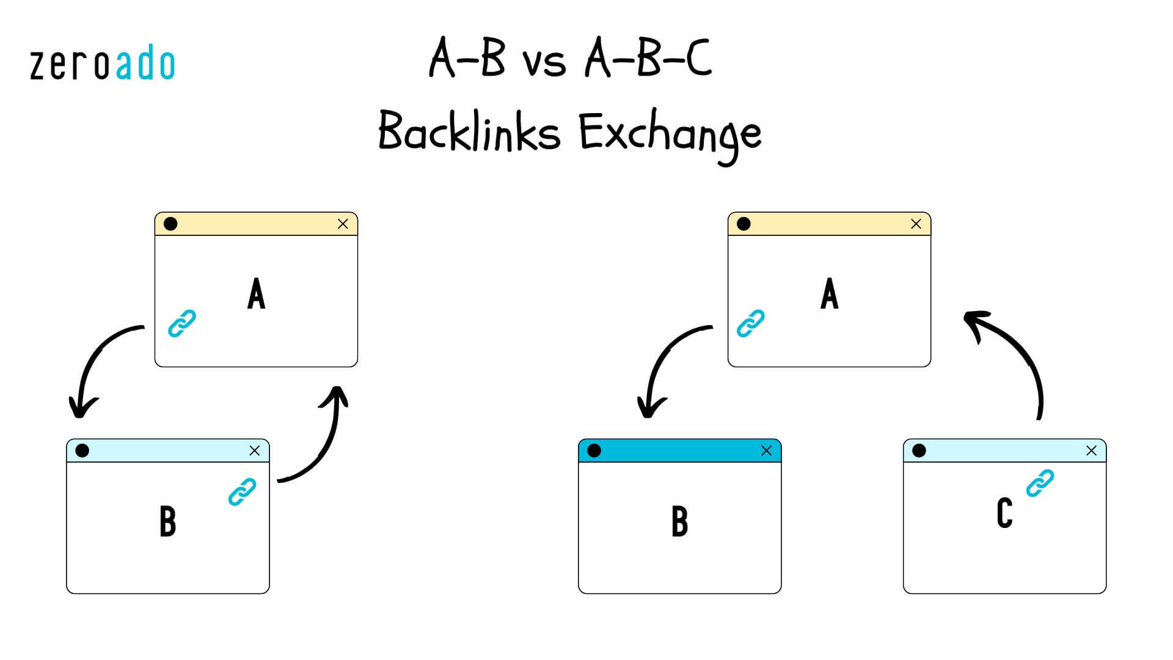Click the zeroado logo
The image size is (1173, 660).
click(102, 65)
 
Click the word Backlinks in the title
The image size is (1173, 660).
click(469, 131)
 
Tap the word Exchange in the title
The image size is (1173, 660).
click(670, 134)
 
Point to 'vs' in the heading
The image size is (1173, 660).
click(544, 61)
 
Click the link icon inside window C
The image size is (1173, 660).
click(1040, 483)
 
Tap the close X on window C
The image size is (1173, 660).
click(1091, 451)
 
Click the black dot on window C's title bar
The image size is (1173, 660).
click(919, 451)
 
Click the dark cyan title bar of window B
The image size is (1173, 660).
click(679, 451)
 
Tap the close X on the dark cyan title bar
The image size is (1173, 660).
click(766, 451)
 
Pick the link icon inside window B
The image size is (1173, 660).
click(242, 492)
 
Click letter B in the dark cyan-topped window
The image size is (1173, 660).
click(679, 522)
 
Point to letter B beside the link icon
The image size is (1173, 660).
click(167, 522)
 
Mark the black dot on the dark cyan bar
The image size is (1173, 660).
click(594, 451)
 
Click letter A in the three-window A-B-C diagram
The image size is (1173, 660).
click(829, 294)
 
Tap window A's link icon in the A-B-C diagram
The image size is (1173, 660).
click(750, 324)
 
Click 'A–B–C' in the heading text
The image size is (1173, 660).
click(648, 59)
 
